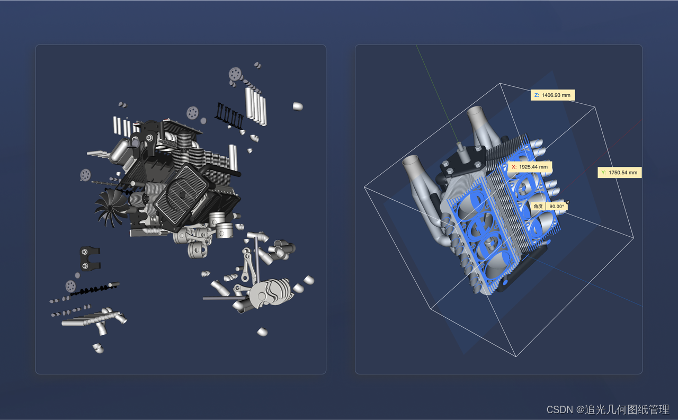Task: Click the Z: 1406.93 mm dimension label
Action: coord(552,95)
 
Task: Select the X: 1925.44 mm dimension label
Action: coord(530,167)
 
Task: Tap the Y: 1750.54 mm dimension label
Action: coord(619,173)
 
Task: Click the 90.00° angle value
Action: coord(557,207)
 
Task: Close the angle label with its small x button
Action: coord(567,202)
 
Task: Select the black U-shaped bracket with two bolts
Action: coord(90,258)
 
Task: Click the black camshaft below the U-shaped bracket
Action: coord(94,289)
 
